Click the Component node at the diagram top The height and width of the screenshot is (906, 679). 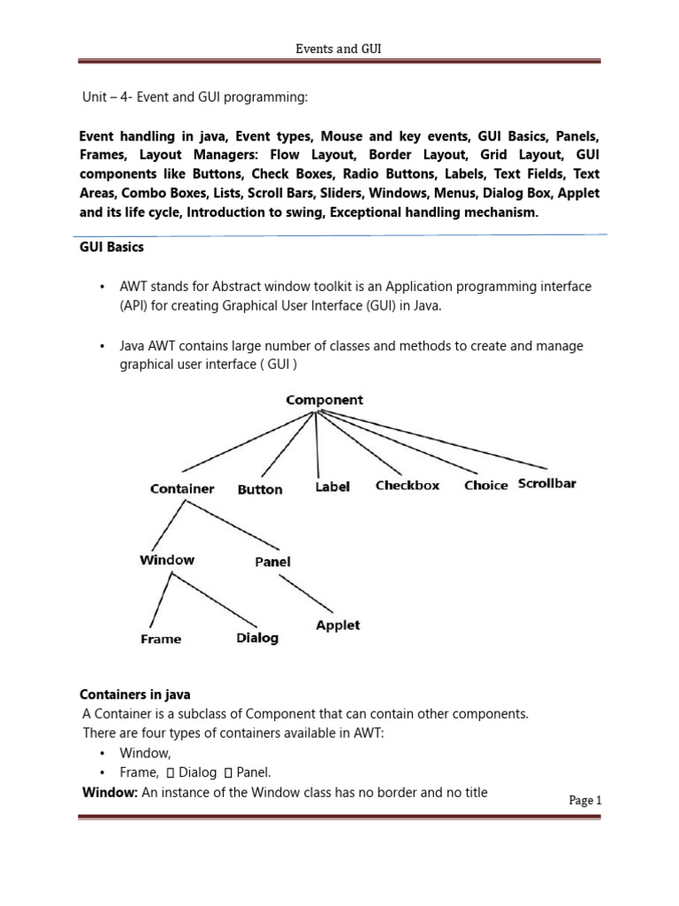[324, 400]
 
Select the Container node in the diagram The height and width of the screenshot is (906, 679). [182, 488]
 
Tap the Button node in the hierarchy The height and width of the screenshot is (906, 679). [260, 489]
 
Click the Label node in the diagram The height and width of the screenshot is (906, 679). [332, 487]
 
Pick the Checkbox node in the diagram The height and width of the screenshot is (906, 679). [407, 486]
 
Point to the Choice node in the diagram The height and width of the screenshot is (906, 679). [485, 486]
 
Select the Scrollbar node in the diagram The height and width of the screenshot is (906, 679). [546, 484]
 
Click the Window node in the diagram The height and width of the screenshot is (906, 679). [167, 560]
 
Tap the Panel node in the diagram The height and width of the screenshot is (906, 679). [272, 562]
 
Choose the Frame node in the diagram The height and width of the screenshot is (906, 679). [161, 639]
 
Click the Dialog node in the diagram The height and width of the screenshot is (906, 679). [257, 638]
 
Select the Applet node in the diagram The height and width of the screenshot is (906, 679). [338, 626]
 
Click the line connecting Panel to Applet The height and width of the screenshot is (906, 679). [306, 593]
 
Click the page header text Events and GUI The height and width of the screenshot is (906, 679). [339, 50]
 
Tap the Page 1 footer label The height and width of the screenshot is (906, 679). [584, 800]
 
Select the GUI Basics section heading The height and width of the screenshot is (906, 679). [111, 248]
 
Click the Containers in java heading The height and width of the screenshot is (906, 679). [135, 695]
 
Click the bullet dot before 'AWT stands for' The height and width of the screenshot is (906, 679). [103, 288]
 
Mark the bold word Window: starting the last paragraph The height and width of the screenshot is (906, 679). [110, 793]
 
